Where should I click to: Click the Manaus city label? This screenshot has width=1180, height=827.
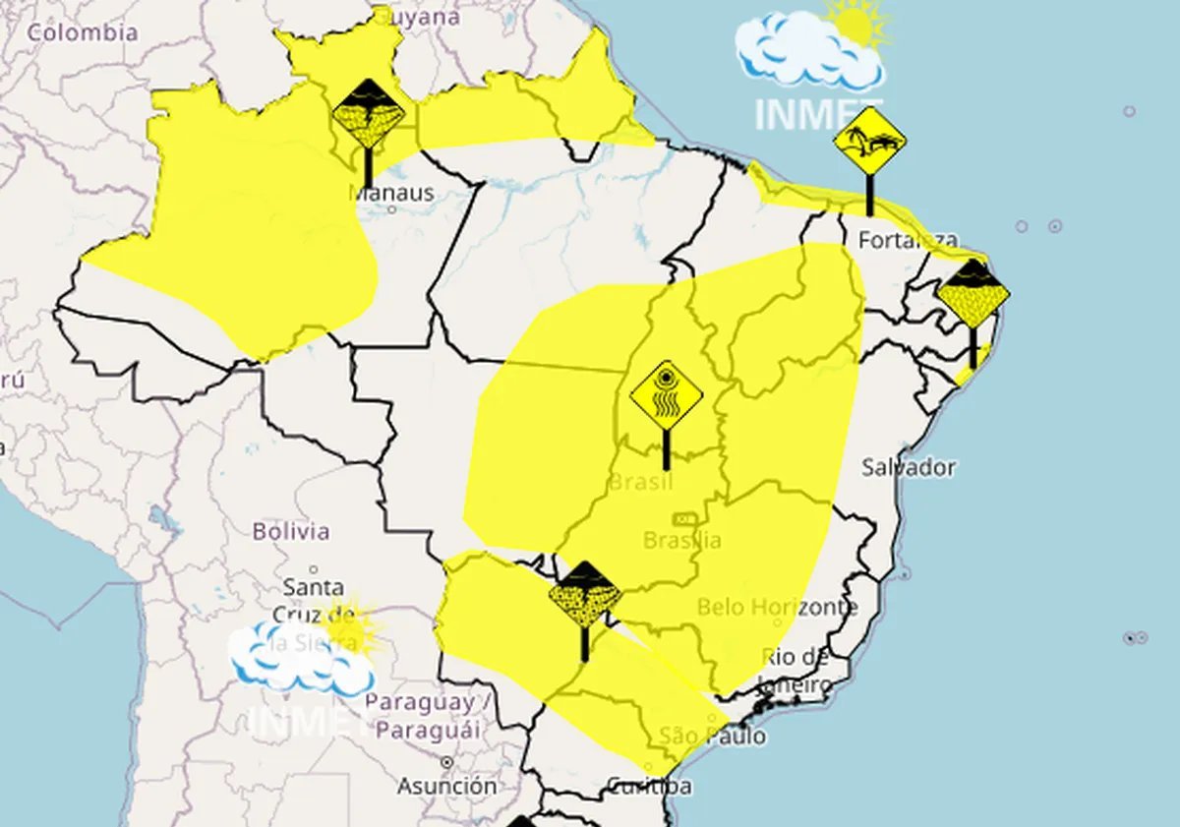(391, 193)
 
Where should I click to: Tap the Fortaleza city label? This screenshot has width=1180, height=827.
(907, 239)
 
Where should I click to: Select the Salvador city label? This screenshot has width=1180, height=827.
(908, 467)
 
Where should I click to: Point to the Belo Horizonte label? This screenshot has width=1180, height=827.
(777, 607)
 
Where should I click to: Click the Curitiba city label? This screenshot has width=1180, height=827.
(648, 786)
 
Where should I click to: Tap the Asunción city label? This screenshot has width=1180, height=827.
(447, 786)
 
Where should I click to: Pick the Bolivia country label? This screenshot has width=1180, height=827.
(291, 531)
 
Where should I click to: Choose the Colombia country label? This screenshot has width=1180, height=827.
(83, 31)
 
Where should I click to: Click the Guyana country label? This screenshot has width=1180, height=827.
(418, 17)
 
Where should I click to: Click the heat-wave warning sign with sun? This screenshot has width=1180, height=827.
(667, 397)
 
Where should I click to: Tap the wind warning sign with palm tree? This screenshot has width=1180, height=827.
(869, 143)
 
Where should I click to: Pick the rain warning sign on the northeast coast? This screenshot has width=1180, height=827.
(973, 295)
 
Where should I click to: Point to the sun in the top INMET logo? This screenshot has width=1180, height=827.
(857, 22)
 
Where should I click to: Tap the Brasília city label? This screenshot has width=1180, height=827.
(682, 540)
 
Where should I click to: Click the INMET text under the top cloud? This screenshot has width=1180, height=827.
(817, 114)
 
